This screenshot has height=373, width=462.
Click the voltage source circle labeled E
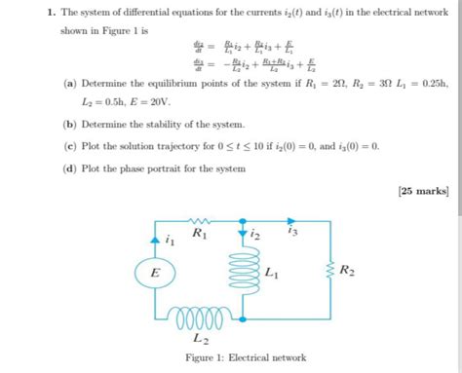tap(153, 275)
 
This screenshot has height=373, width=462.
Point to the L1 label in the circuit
tap(273, 275)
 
